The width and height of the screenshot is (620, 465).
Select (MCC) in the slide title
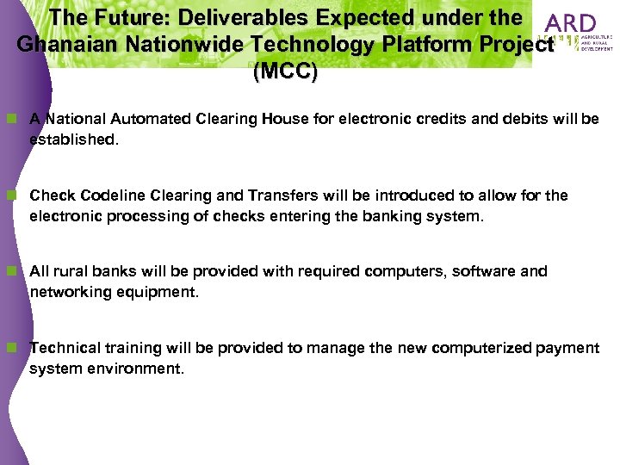(285, 72)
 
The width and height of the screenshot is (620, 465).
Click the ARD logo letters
(571, 23)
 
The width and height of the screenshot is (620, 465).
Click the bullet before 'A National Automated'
(12, 119)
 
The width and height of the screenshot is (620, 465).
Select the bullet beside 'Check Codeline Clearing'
(12, 195)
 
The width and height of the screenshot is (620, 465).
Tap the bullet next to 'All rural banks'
(12, 271)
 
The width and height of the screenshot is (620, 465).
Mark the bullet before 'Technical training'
(12, 348)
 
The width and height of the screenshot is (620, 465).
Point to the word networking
(65, 292)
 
